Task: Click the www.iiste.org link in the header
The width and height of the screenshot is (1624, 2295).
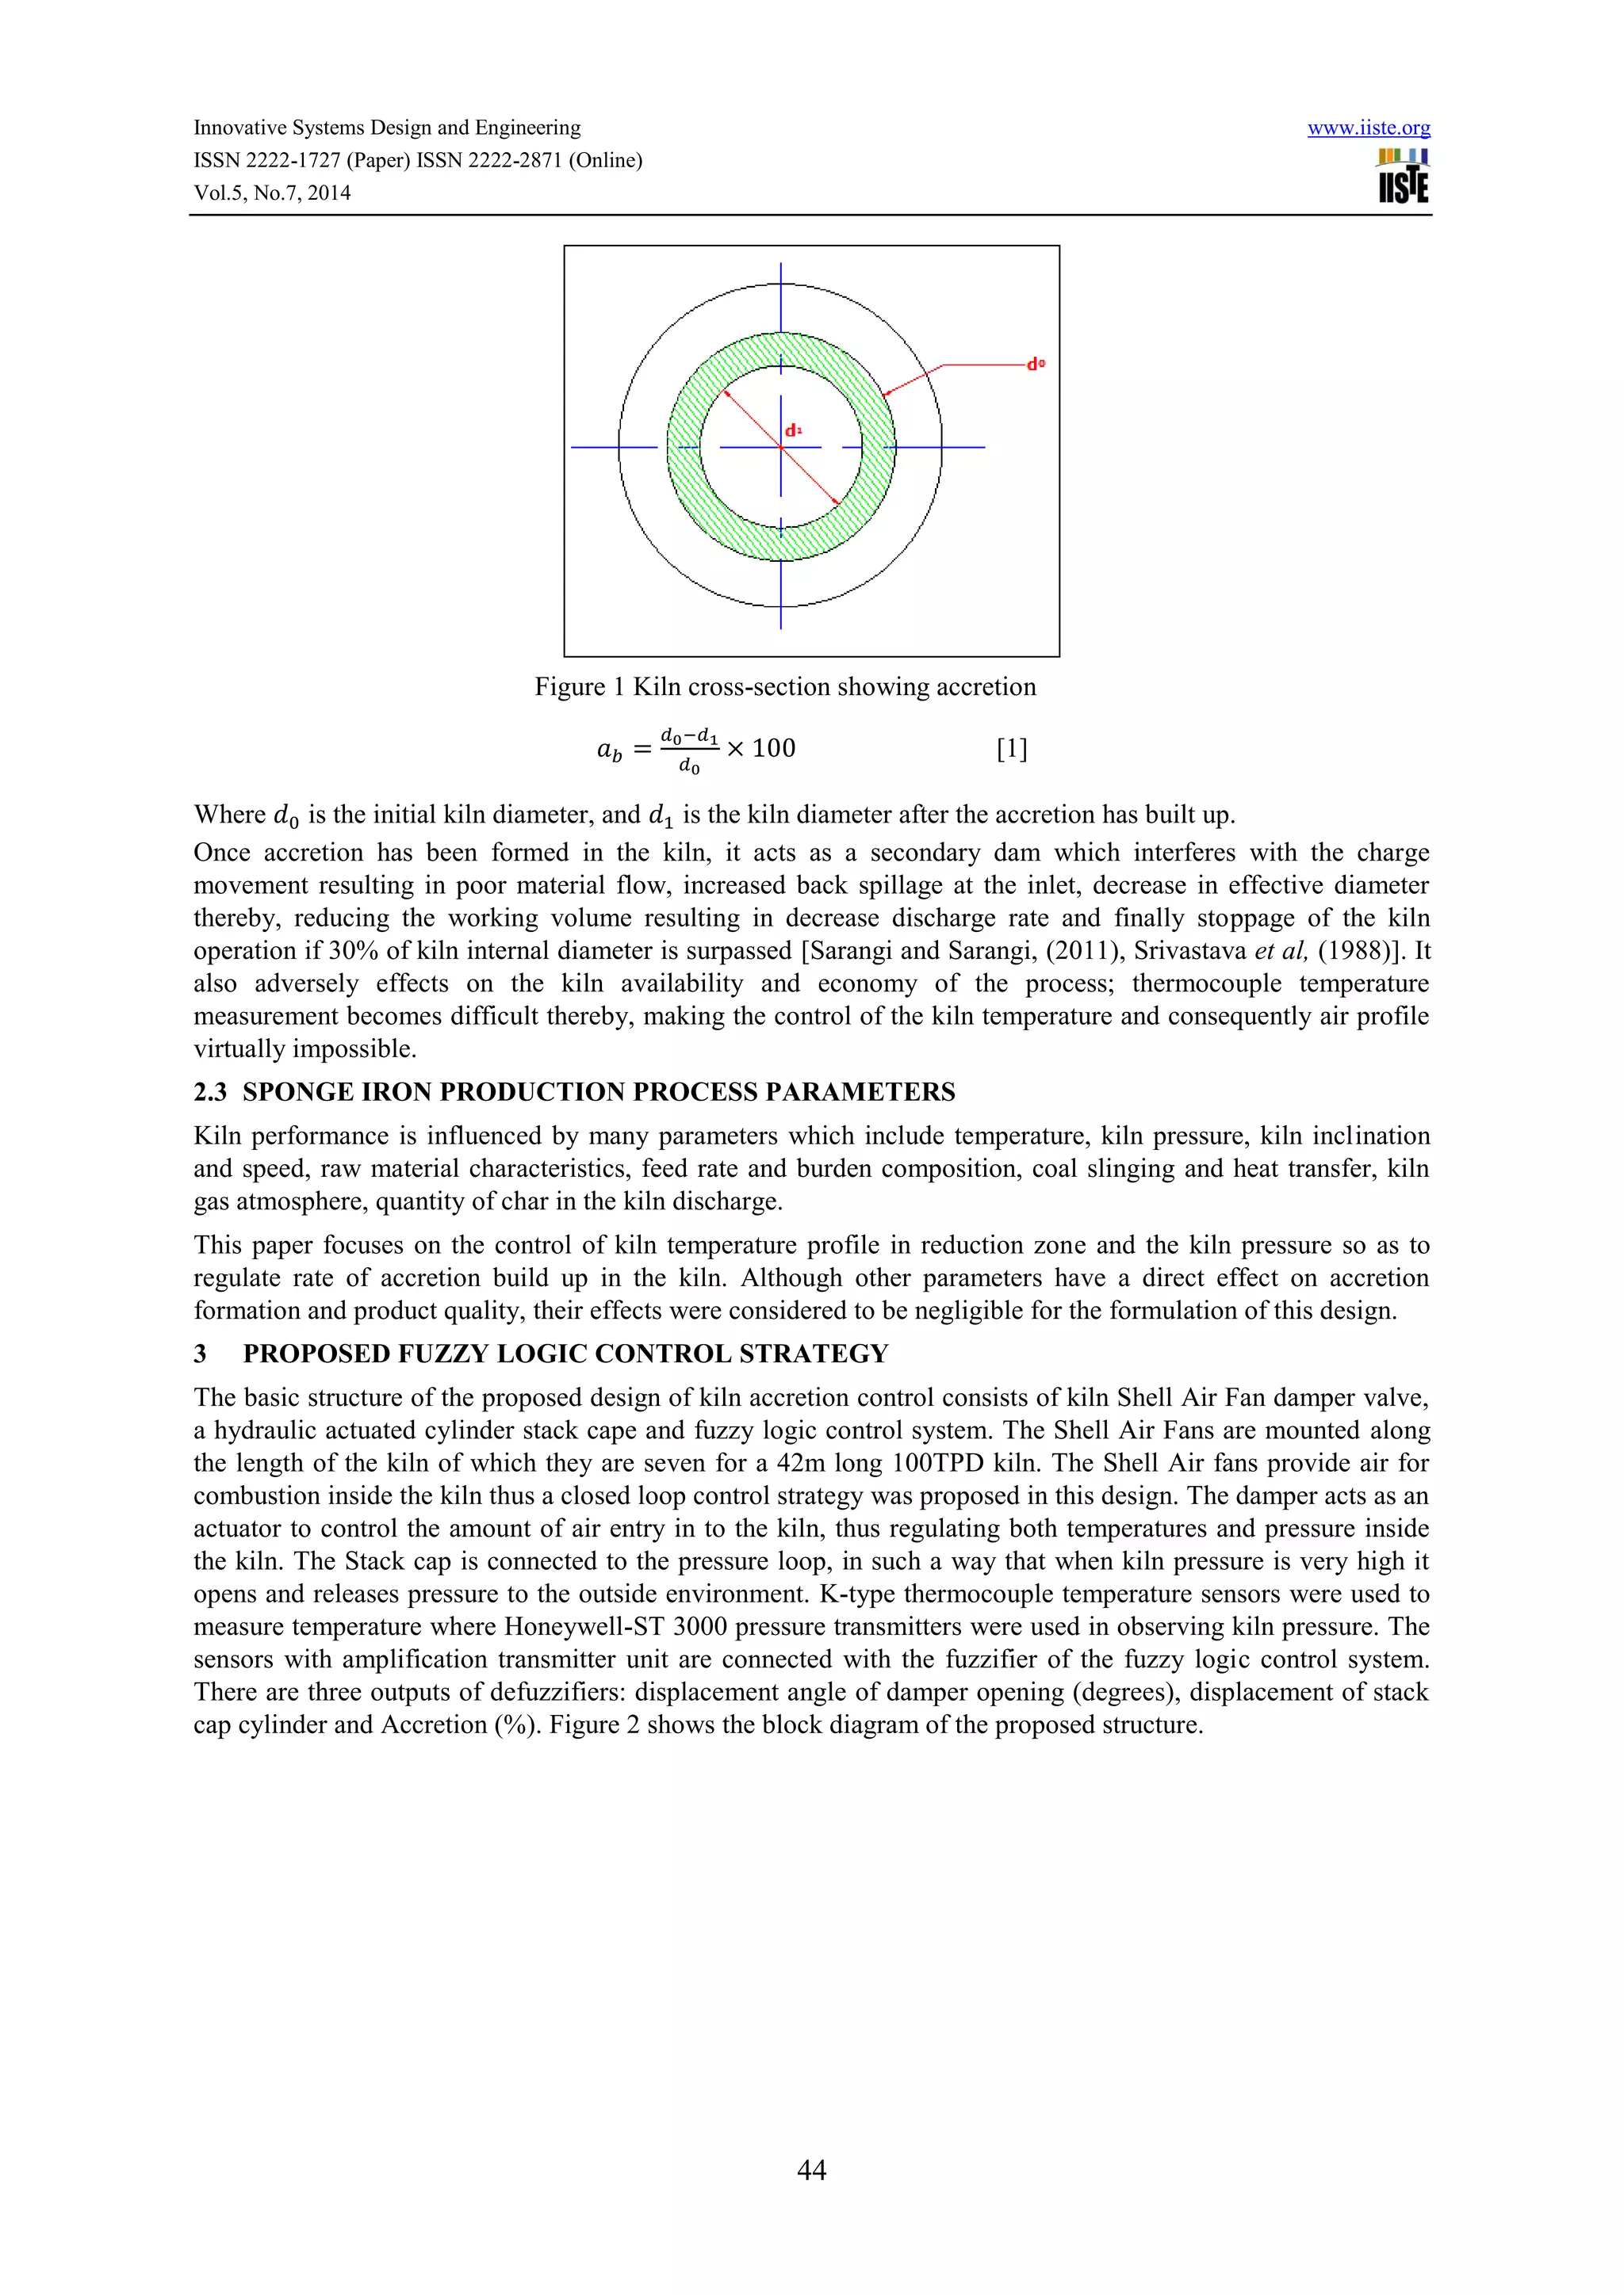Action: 1368,128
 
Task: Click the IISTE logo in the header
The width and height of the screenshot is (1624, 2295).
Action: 1403,177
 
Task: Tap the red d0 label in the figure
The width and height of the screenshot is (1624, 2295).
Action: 1036,365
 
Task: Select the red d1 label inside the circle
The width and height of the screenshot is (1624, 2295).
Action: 793,431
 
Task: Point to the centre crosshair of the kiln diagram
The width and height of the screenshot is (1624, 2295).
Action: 781,447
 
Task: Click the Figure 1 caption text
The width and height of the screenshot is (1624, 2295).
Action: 785,687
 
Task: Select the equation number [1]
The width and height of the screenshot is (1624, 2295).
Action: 1012,749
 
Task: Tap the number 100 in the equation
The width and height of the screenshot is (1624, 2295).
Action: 773,749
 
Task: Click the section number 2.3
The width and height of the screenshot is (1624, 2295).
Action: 210,1091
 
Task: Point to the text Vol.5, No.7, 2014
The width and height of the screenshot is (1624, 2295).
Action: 272,193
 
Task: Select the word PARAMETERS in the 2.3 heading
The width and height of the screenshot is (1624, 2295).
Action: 860,1091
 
